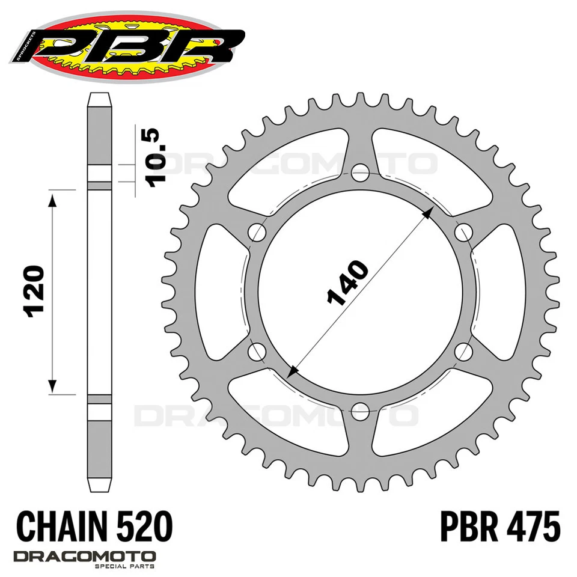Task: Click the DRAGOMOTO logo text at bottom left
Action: (84, 556)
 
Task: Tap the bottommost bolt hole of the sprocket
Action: (359, 408)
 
